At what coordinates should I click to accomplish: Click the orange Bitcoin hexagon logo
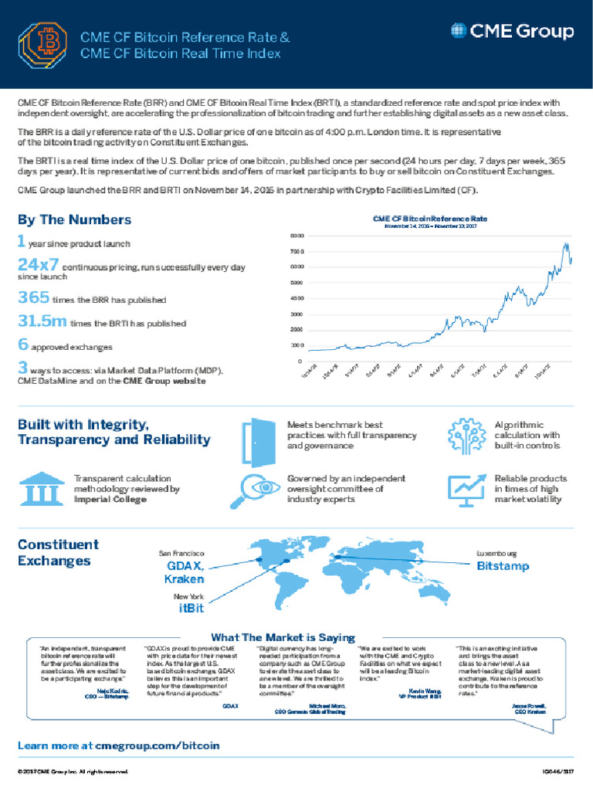click(x=44, y=44)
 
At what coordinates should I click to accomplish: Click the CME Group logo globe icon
click(x=458, y=32)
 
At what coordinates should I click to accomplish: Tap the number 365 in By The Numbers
click(x=33, y=297)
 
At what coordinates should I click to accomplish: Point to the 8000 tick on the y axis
click(x=297, y=235)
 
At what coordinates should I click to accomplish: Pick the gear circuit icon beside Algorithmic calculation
click(x=466, y=436)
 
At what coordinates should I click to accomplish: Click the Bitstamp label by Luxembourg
click(x=502, y=567)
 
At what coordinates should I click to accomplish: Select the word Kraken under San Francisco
click(x=188, y=579)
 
